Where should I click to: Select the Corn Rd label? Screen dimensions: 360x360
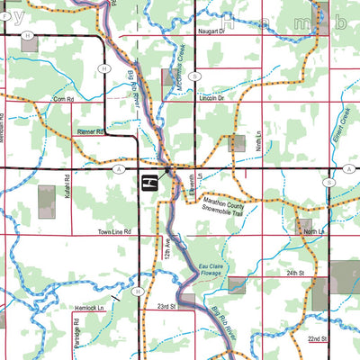[63, 99]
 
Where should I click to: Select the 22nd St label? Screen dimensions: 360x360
[316, 339]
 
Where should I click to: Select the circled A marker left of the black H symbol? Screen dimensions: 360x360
[119, 168]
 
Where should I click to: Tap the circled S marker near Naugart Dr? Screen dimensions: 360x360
[195, 76]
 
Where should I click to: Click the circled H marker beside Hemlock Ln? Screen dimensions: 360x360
[138, 292]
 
